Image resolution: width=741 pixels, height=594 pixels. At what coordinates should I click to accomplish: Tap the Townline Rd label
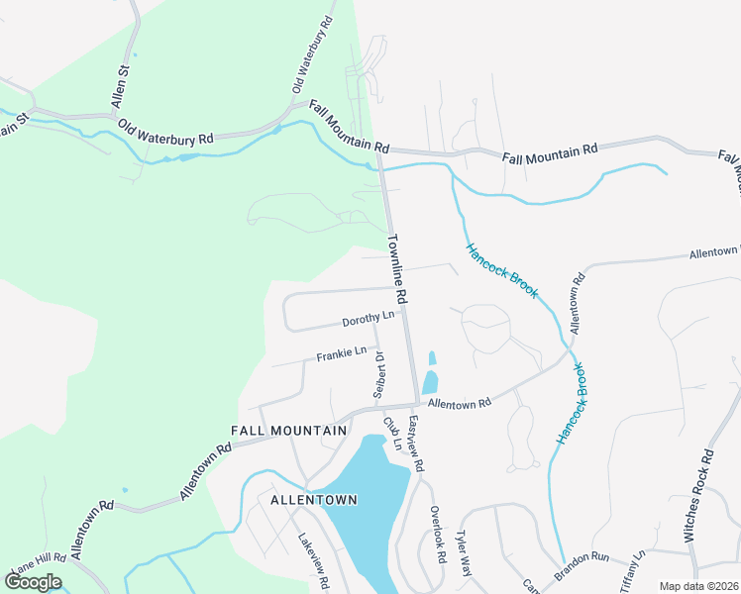(398, 269)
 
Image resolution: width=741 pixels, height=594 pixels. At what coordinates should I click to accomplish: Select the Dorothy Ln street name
(368, 319)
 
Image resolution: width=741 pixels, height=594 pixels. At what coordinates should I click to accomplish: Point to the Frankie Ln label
(342, 353)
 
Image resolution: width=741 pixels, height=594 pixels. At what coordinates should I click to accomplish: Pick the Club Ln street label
(393, 433)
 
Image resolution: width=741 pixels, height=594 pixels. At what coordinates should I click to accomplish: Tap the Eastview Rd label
(416, 443)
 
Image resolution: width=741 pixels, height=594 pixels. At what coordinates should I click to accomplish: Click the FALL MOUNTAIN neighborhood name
(289, 431)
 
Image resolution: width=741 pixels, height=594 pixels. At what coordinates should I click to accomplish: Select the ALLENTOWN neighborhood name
(314, 500)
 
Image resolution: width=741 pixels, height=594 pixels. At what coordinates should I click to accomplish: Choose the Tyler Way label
(462, 551)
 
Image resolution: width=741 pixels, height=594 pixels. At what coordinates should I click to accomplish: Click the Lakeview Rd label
(314, 562)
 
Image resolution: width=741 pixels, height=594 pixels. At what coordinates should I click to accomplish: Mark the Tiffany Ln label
(632, 571)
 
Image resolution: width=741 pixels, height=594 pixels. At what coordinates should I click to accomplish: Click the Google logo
(33, 582)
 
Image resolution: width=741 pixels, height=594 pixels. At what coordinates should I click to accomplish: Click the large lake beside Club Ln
(364, 500)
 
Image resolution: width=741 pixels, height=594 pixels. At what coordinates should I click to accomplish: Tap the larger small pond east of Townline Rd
(430, 382)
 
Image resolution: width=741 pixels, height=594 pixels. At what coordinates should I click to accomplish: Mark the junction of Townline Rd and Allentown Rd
(417, 404)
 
